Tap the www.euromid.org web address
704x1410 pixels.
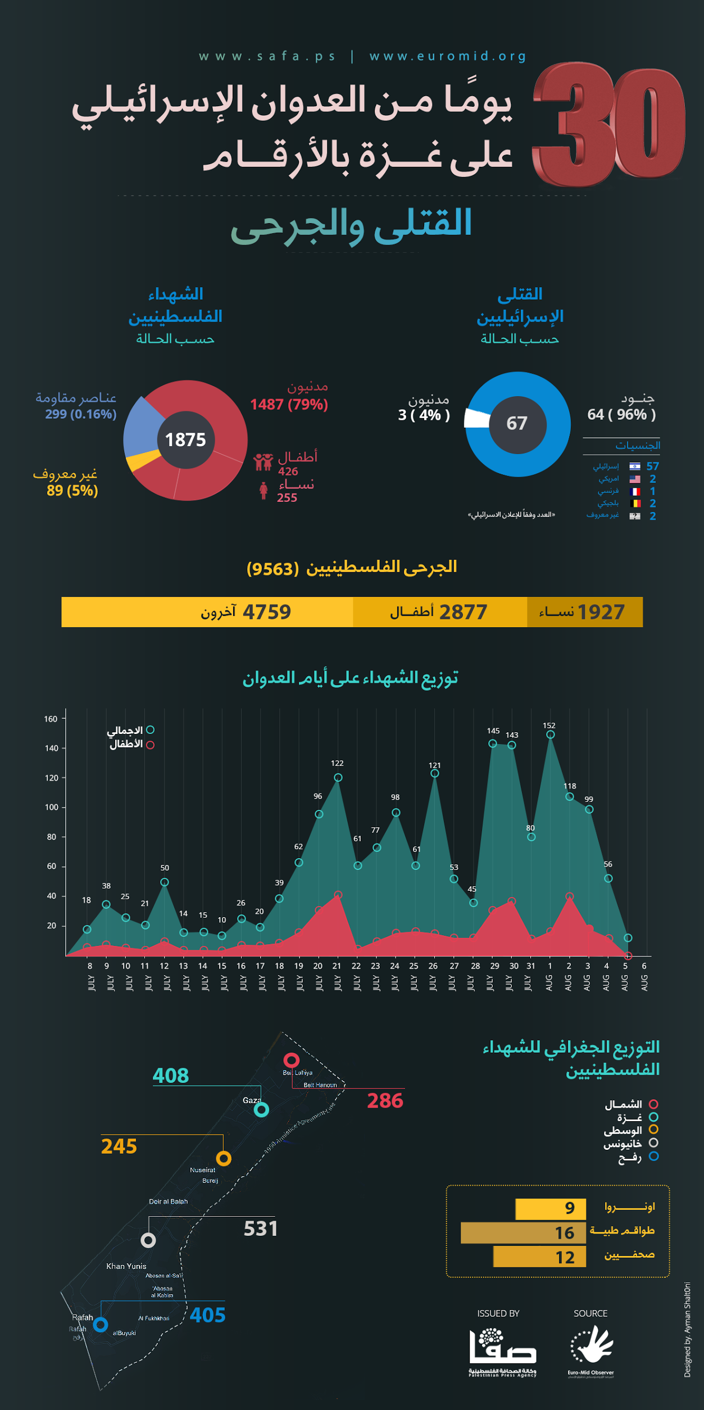(x=448, y=56)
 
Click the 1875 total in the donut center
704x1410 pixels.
(x=185, y=439)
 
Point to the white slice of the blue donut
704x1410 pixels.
(x=477, y=419)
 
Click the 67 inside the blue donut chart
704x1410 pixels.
(x=517, y=423)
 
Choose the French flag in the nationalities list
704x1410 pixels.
(x=635, y=491)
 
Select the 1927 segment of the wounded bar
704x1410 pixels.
(x=584, y=611)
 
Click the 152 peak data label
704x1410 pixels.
(x=549, y=726)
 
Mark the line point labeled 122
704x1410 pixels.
(x=338, y=777)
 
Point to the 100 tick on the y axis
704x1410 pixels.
(x=52, y=807)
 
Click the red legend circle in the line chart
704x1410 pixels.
(x=150, y=745)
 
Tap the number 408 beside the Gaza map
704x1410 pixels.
(x=171, y=1076)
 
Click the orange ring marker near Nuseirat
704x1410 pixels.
(x=224, y=1158)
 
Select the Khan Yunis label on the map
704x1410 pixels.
(x=126, y=1266)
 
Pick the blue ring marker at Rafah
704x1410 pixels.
(x=101, y=1325)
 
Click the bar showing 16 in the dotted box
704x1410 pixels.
(x=523, y=1232)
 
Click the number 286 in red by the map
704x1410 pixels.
(x=385, y=1100)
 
